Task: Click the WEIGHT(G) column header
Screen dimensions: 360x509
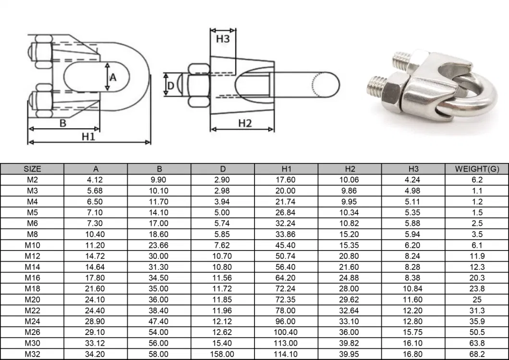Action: tap(476, 169)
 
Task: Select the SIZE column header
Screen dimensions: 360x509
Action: tap(32, 169)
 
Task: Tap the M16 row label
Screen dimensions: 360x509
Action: tap(32, 277)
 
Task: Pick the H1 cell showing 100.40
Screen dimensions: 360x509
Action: tap(286, 332)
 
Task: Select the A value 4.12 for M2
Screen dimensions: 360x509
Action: tap(96, 180)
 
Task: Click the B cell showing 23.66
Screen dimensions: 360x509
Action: tap(159, 245)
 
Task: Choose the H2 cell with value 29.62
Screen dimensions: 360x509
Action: tap(350, 299)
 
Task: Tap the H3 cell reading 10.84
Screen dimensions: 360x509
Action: tap(413, 288)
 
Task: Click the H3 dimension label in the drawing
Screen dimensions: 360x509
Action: tap(222, 39)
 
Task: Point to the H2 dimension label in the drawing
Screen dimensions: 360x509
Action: tap(245, 123)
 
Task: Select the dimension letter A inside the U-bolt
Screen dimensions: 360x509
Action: tap(113, 77)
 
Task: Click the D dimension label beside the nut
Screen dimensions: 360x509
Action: tap(170, 87)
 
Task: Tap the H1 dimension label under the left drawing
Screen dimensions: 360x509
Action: tap(88, 137)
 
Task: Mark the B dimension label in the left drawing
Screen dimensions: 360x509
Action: tap(62, 123)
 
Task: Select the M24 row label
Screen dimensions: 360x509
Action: tap(32, 321)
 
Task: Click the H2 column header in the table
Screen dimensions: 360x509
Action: tap(350, 169)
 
